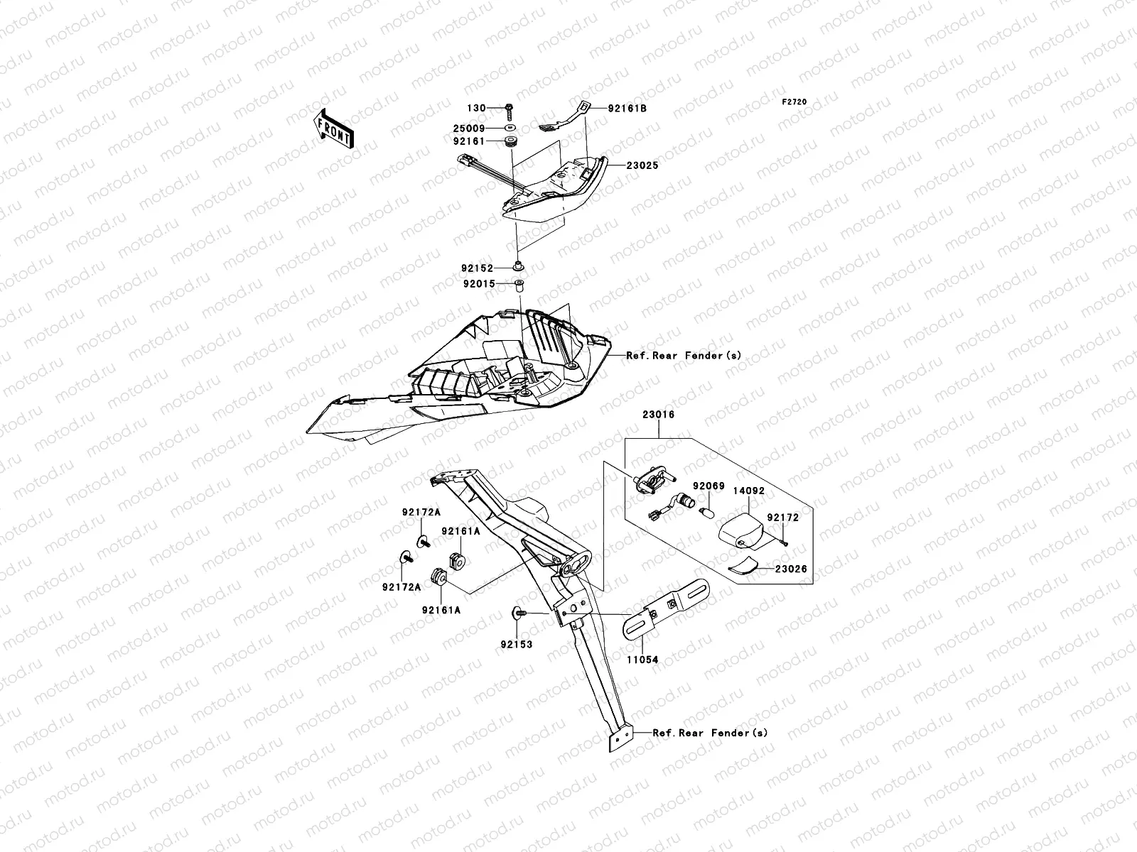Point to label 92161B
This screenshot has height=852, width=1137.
[x=627, y=109]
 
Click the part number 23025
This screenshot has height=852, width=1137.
[x=642, y=165]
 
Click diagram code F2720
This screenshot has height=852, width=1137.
[x=794, y=102]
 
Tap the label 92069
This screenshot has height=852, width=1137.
[x=708, y=486]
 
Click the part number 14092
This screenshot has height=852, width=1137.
[x=748, y=490]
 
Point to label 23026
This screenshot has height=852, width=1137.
[x=790, y=569]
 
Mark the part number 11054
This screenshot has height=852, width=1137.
[x=642, y=660]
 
